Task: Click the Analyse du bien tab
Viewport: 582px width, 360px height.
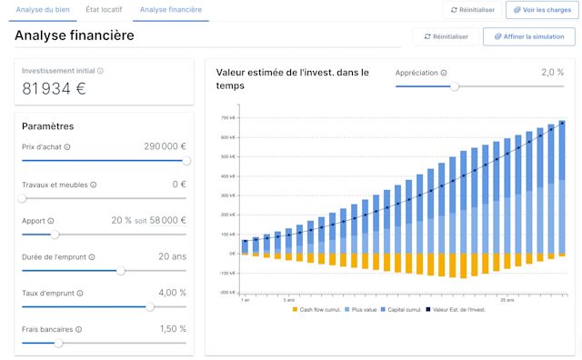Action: point(42,10)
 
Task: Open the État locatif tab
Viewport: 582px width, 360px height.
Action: point(105,10)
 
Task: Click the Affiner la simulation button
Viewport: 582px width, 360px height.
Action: point(529,36)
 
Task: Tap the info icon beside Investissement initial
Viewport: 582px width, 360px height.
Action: point(101,71)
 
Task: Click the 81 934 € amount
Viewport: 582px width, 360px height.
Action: point(54,88)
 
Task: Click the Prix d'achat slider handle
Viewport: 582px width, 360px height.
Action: point(186,160)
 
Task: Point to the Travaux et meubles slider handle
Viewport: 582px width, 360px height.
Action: point(22,197)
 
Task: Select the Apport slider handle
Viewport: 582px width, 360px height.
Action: point(55,234)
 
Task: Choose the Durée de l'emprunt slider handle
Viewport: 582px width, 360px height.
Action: point(121,270)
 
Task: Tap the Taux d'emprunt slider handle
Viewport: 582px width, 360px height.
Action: point(149,306)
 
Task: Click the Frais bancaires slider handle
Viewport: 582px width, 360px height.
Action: point(59,343)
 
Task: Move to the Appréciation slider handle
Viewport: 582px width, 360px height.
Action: point(455,86)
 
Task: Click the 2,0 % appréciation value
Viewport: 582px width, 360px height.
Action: point(552,72)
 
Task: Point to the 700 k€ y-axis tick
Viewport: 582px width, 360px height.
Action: point(227,118)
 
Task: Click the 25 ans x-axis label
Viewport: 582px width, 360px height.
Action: point(507,298)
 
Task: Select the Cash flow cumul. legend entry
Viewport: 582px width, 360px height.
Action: point(314,311)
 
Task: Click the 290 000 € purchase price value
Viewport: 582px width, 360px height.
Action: point(165,146)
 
